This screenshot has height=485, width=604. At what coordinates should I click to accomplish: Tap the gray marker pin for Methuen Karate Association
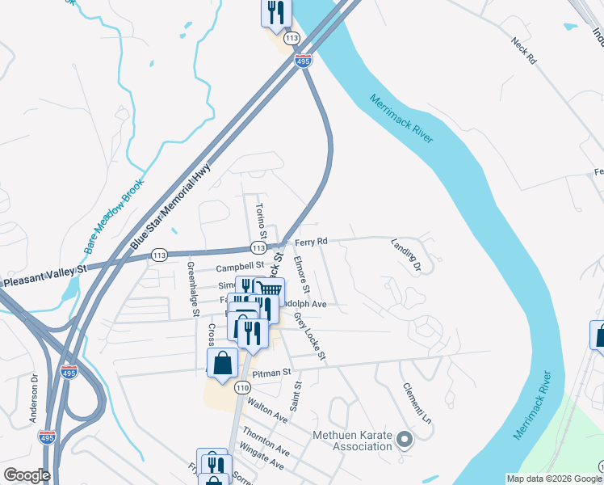[x=405, y=440]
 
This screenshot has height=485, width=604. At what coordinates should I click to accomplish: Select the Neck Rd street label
[x=524, y=50]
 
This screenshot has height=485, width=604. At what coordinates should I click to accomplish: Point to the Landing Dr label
[x=407, y=254]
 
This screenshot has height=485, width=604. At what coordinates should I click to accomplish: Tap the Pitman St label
[x=271, y=373]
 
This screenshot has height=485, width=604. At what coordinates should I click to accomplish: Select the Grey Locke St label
[x=310, y=336]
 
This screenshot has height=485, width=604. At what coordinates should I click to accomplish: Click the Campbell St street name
[x=240, y=265]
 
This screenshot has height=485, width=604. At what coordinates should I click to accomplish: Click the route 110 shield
[x=242, y=389]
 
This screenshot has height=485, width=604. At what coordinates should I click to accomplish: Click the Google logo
[x=27, y=475]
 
